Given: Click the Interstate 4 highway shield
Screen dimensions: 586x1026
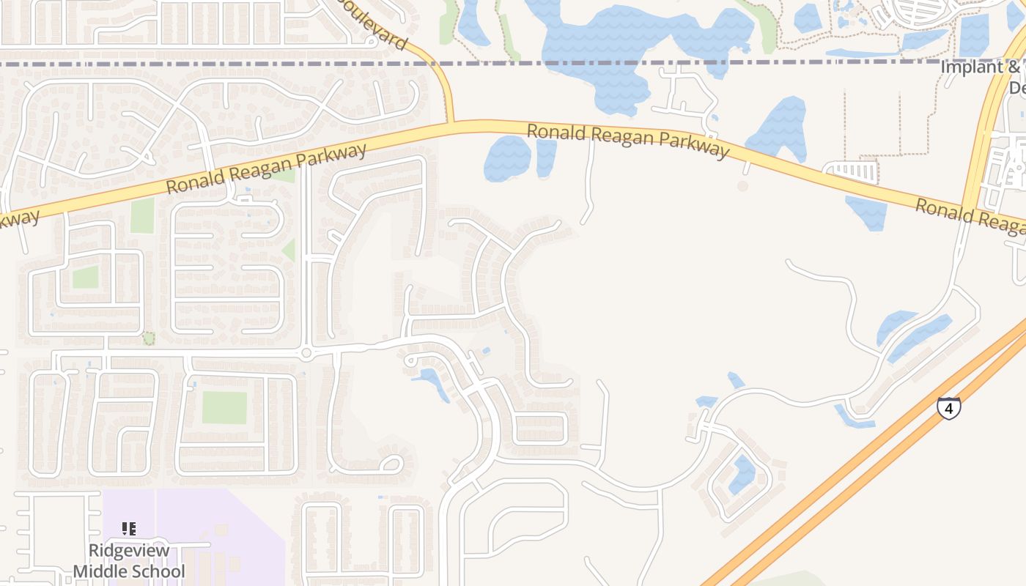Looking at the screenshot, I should [948, 408].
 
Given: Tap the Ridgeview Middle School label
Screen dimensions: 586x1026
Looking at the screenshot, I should [129, 560].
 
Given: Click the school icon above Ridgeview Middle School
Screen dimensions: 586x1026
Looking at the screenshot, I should [129, 528].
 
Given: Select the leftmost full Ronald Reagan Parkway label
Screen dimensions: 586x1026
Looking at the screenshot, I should [265, 168].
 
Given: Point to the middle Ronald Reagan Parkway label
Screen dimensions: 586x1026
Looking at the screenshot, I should [628, 141].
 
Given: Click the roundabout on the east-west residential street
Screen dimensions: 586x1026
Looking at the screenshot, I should [306, 354].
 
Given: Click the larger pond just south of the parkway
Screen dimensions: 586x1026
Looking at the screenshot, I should [507, 158].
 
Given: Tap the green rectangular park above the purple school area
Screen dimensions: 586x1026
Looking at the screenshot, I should [224, 407].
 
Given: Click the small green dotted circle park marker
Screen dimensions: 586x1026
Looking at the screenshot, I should [149, 338].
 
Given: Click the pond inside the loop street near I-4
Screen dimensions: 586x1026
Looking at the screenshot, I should [742, 475].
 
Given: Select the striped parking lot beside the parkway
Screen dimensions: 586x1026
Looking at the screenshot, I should [855, 172].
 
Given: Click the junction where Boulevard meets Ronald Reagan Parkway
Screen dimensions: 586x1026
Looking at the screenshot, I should [450, 124].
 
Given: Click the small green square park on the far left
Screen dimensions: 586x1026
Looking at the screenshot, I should [85, 277].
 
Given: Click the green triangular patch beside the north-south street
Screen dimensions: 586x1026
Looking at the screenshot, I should [289, 251].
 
